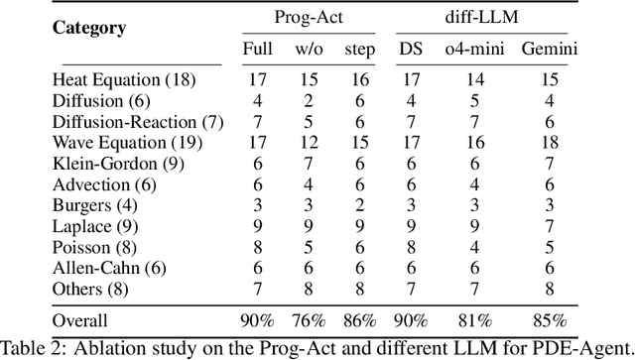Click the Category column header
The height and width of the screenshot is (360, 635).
(x=89, y=28)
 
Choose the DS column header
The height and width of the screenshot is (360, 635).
(x=410, y=49)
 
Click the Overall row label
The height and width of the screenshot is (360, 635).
(x=79, y=320)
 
